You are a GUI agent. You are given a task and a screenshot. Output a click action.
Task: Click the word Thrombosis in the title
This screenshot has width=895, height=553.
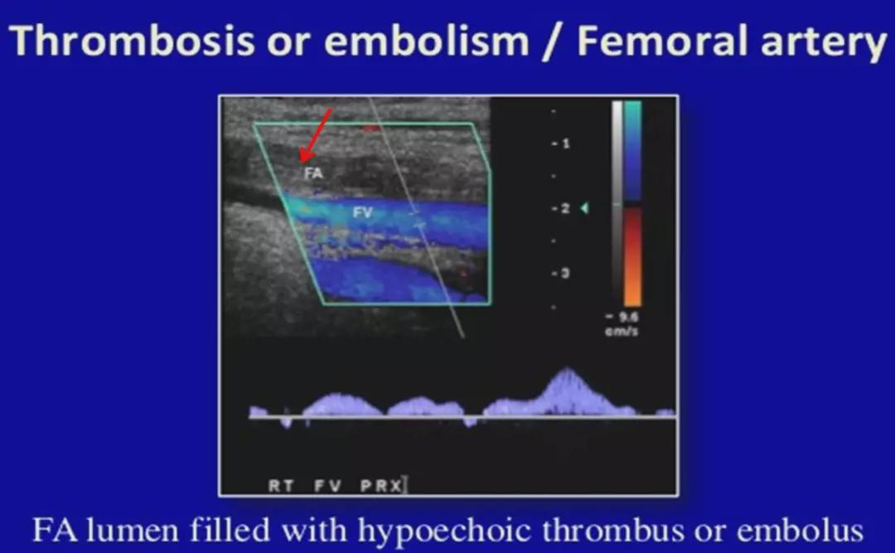(x=132, y=41)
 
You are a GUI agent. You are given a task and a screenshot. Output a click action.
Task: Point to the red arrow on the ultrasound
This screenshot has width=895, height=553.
(x=316, y=136)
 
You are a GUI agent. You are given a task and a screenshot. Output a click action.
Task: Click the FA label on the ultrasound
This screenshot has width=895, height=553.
(x=313, y=172)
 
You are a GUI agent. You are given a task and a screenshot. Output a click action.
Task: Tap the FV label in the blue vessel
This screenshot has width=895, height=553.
(x=362, y=212)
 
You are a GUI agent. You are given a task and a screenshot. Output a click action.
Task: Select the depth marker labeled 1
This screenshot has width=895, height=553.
(x=561, y=143)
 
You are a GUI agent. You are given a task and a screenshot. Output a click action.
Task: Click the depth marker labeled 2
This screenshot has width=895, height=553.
(x=561, y=209)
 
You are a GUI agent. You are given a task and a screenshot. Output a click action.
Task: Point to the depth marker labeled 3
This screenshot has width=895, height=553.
(x=561, y=273)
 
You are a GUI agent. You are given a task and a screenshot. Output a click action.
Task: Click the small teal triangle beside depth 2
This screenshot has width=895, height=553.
(x=584, y=208)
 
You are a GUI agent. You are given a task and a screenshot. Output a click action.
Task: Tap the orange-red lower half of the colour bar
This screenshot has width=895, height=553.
(x=632, y=257)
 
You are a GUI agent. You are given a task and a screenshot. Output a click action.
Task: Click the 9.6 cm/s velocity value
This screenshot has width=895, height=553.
(x=622, y=323)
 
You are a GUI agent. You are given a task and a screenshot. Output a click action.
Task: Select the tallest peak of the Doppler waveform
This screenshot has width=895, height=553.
(x=567, y=371)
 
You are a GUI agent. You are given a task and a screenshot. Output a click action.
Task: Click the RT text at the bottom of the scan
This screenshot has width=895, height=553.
(x=281, y=486)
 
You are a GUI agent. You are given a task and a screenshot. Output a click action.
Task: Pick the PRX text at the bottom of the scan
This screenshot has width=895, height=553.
(x=381, y=486)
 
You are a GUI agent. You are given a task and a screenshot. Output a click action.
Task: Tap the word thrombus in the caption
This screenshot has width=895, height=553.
(x=612, y=530)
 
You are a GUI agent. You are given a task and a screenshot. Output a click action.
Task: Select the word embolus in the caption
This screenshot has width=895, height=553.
(x=800, y=530)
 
